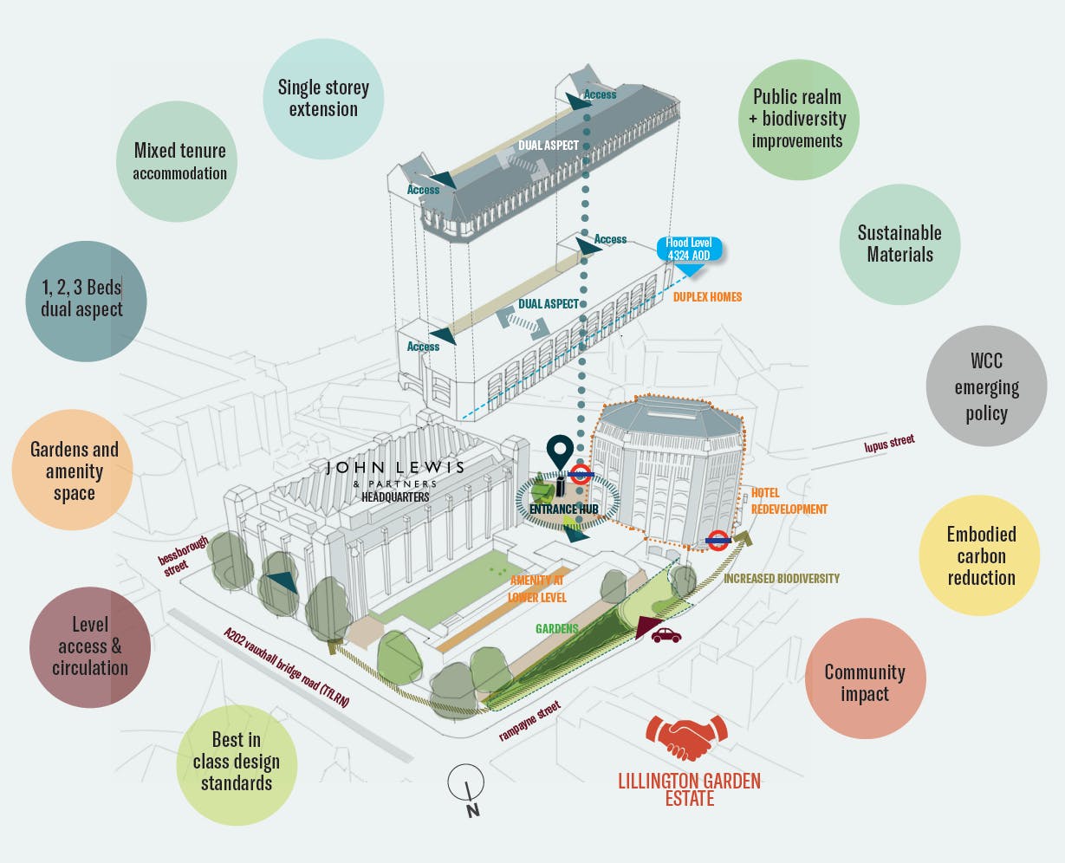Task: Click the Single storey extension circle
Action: [323, 98]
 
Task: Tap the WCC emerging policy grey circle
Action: [986, 386]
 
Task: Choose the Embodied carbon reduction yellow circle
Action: [980, 555]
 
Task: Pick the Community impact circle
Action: [864, 682]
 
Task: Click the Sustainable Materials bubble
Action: [899, 243]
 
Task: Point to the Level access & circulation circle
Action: [89, 646]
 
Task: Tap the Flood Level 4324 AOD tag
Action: [689, 250]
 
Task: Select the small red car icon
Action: [666, 635]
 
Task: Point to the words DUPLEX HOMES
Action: [707, 297]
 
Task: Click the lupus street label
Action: [889, 444]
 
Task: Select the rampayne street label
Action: [529, 722]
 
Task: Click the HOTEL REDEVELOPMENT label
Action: [789, 501]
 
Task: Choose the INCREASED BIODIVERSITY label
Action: [782, 578]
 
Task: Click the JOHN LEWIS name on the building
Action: [395, 468]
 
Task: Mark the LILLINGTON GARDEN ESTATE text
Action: [689, 789]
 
